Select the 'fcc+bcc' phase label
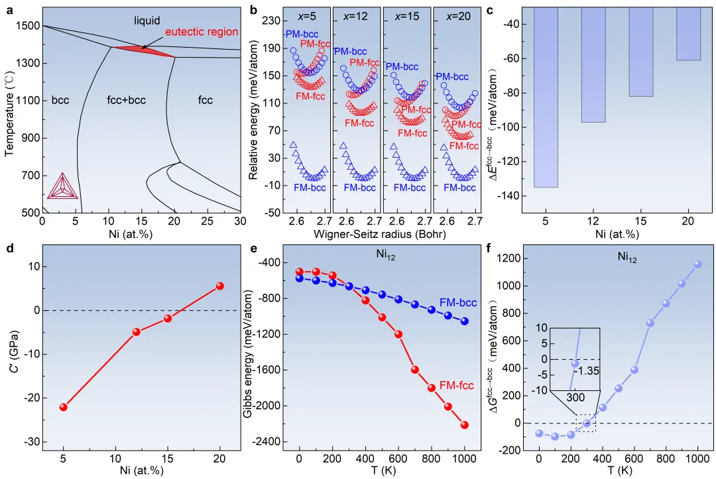coord(126,101)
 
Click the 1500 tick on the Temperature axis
coord(30,26)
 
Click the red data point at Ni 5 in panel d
coord(64,407)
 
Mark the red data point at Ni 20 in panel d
coord(220,286)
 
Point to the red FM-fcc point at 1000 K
coord(465,425)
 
